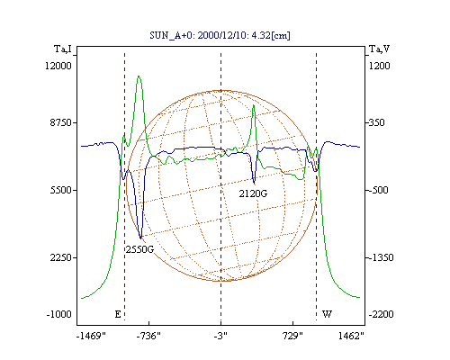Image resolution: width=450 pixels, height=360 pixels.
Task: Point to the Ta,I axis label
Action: click(63, 49)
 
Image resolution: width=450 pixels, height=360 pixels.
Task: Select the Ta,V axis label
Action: click(379, 49)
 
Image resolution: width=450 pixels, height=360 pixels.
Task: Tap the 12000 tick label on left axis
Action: click(58, 66)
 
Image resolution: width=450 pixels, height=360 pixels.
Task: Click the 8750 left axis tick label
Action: click(61, 122)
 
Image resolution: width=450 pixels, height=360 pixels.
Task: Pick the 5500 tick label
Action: click(61, 190)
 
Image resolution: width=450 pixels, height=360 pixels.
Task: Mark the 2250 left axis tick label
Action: click(61, 257)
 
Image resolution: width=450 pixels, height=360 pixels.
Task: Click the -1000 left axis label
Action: click(59, 314)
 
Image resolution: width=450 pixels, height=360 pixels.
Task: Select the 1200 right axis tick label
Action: click(379, 66)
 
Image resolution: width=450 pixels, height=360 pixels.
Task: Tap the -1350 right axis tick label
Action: click(381, 257)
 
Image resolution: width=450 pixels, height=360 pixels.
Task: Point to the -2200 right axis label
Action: click(381, 314)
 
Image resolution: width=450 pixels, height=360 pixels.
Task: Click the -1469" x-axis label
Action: click(91, 336)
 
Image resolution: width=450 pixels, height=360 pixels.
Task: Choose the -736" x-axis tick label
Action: click(148, 336)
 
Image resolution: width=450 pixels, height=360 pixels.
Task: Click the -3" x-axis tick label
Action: click(220, 336)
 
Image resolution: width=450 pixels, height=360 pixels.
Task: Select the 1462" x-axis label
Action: click(351, 336)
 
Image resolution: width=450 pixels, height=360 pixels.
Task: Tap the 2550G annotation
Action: click(139, 249)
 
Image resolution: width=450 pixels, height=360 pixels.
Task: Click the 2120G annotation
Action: click(253, 193)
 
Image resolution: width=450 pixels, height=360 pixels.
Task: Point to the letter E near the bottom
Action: click(118, 314)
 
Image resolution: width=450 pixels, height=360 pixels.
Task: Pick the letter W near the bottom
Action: click(327, 314)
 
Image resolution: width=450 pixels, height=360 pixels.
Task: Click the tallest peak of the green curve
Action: click(139, 76)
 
